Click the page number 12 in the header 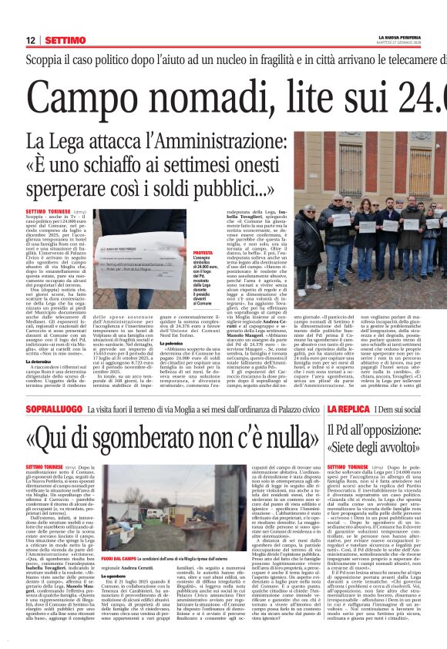(x=30, y=40)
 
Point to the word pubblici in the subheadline (x=220, y=188)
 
